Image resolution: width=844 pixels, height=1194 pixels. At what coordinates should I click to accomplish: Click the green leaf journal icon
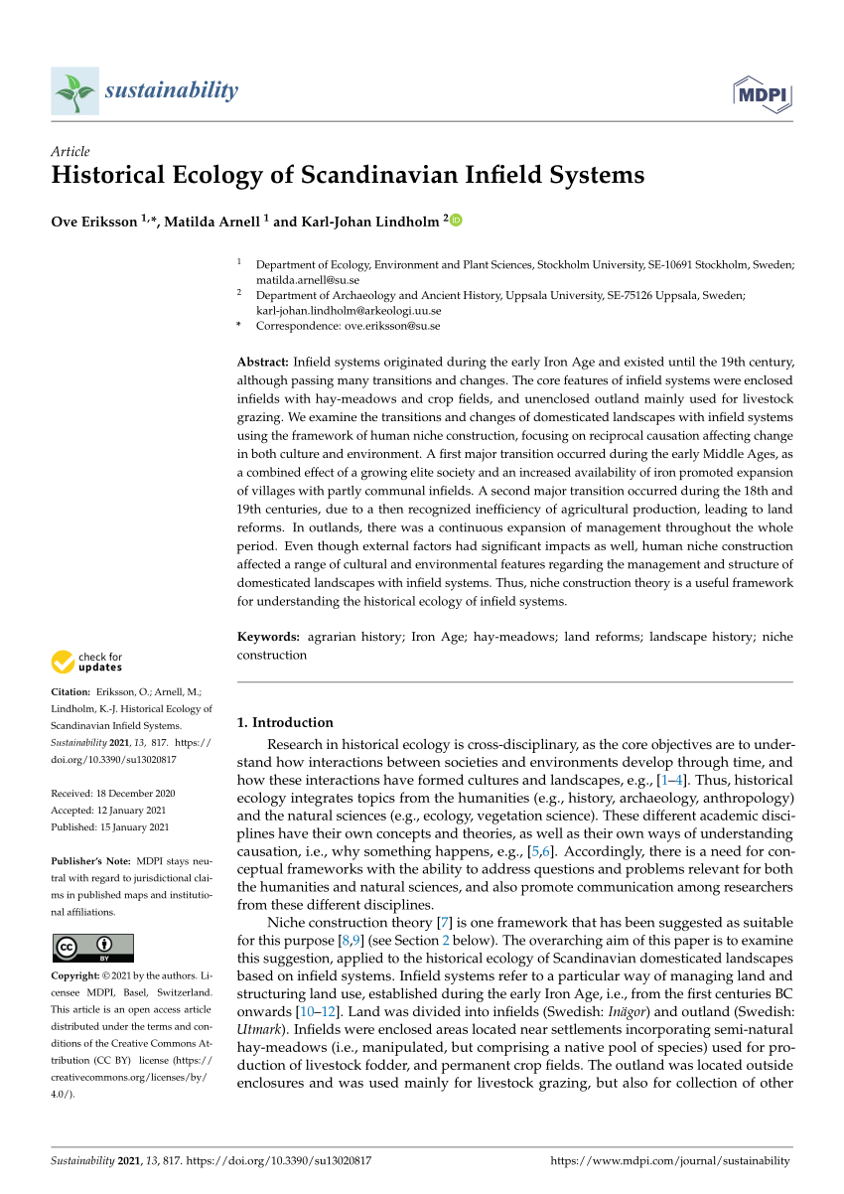74,91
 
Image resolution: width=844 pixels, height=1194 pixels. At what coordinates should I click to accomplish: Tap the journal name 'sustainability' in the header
171,91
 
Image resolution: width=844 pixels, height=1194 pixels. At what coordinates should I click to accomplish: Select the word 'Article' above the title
70,152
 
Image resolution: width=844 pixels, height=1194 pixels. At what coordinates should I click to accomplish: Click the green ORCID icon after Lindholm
457,221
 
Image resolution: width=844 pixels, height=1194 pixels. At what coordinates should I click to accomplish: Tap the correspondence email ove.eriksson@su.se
392,325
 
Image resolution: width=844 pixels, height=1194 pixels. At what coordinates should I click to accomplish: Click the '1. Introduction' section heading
286,722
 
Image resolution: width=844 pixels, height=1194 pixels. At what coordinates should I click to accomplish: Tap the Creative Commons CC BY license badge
93,948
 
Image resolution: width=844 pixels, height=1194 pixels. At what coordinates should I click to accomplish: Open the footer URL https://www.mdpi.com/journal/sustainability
670,1160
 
